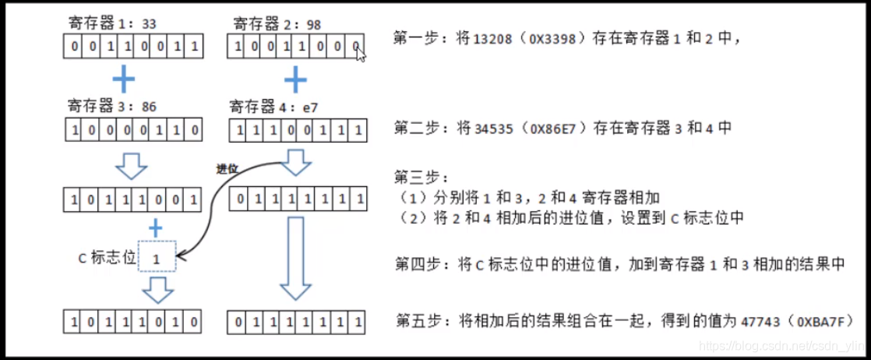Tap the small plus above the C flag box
point(156,228)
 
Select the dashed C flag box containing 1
point(157,256)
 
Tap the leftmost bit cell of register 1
point(73,48)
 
